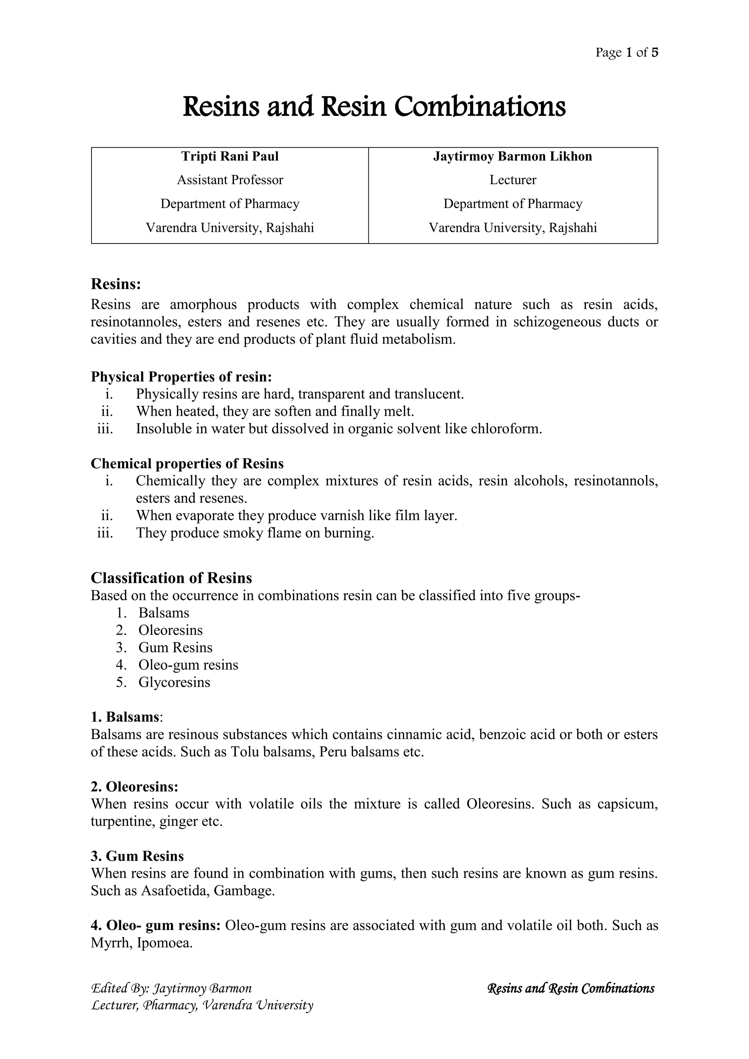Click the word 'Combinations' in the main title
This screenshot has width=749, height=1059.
(x=480, y=107)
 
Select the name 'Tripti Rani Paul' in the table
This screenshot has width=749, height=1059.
(x=230, y=157)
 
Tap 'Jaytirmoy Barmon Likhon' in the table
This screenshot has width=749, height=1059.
(x=512, y=157)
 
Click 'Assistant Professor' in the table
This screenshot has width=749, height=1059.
(x=230, y=180)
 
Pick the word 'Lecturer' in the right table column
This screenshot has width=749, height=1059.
(x=512, y=180)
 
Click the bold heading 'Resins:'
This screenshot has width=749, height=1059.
(x=115, y=284)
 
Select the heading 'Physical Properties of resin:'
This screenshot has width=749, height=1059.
(x=181, y=377)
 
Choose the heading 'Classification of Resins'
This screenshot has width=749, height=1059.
(x=171, y=578)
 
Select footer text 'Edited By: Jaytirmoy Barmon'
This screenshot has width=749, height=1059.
(x=172, y=988)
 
